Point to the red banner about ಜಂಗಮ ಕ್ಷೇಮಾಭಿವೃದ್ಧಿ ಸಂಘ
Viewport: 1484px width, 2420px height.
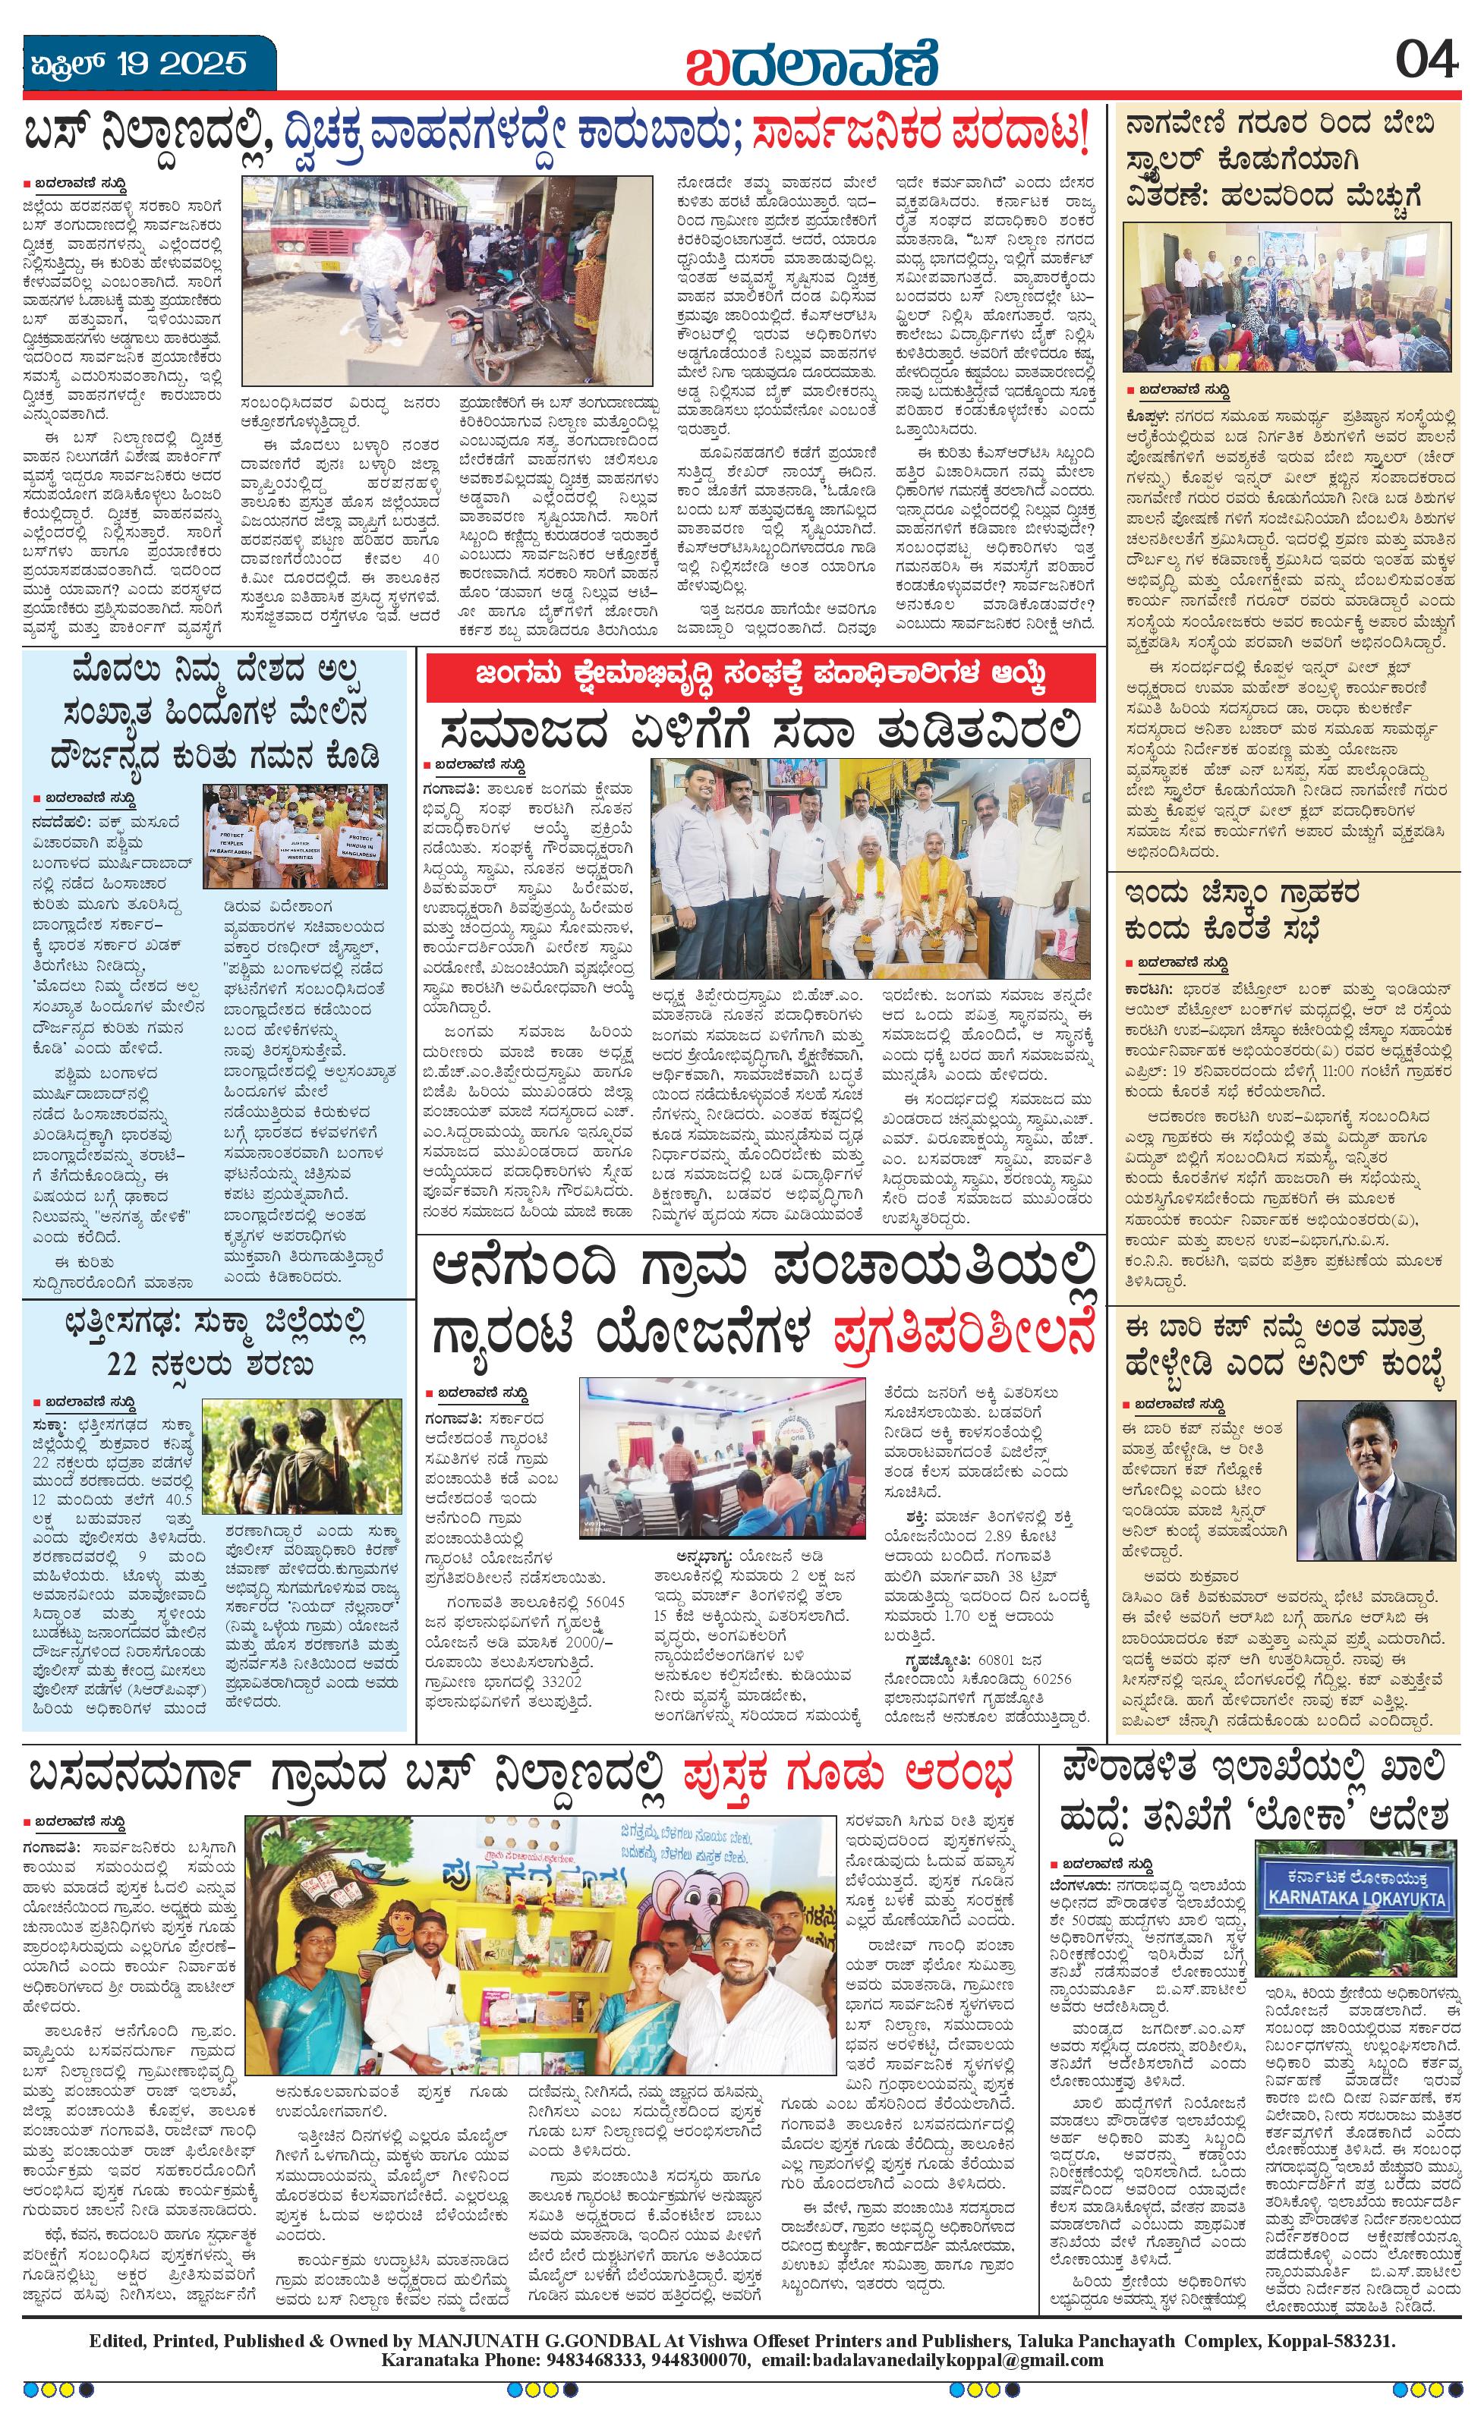tap(760, 677)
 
